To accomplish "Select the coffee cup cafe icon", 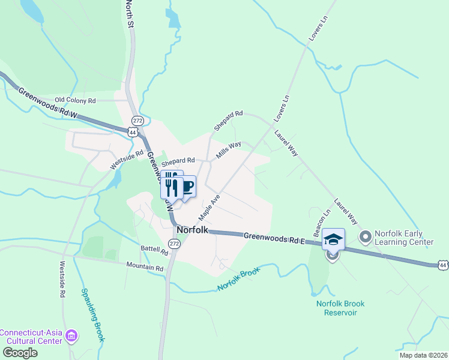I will coord(186,187).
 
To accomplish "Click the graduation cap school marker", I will coord(333,239).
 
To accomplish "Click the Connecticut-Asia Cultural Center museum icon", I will coord(71,335).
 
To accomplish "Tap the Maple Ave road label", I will coord(209,206).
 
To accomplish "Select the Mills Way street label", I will coord(229,149).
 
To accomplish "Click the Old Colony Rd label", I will coord(75,100).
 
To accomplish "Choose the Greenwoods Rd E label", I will coord(274,238).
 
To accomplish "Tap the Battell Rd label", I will coord(154,248).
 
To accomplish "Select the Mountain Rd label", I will coord(145,266).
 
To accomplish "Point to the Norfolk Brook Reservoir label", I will coord(340,308).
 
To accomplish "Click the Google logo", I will coord(19,352).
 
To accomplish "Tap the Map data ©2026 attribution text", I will coord(424,355).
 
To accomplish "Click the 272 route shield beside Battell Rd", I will coord(174,244).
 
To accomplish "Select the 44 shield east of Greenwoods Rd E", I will coord(443,265).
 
